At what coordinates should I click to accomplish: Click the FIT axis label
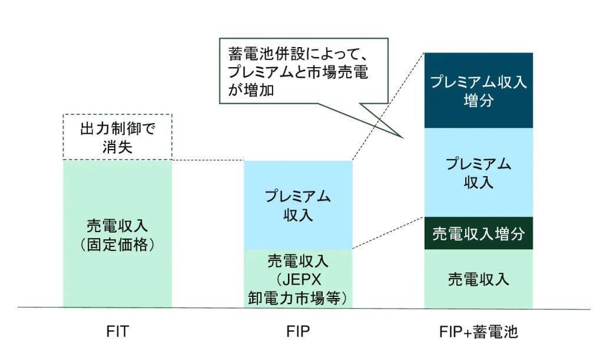pyautogui.click(x=118, y=333)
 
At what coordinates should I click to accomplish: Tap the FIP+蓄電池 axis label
pyautogui.click(x=478, y=333)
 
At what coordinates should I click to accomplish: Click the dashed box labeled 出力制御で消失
pyautogui.click(x=117, y=137)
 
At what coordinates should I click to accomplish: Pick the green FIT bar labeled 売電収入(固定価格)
pyautogui.click(x=117, y=233)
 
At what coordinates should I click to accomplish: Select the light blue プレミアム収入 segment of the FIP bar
pyautogui.click(x=298, y=204)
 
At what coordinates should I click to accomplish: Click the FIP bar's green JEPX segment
pyautogui.click(x=298, y=279)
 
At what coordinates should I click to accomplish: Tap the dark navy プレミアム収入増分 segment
pyautogui.click(x=478, y=90)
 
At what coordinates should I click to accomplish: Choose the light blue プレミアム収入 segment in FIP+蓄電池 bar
pyautogui.click(x=478, y=172)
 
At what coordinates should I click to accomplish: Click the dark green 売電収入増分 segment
pyautogui.click(x=478, y=233)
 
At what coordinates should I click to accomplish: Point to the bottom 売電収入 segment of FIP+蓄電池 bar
pyautogui.click(x=478, y=279)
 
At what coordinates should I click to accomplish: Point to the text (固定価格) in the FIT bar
pyautogui.click(x=117, y=243)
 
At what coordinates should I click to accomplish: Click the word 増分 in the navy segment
pyautogui.click(x=478, y=100)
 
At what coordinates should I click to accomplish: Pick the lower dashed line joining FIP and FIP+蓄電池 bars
pyautogui.click(x=389, y=233)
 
